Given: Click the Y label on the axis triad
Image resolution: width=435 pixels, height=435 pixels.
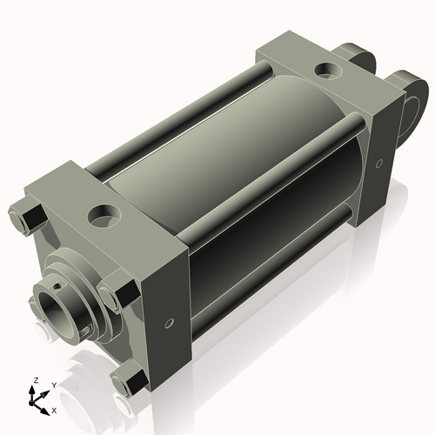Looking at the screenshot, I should (x=53, y=384).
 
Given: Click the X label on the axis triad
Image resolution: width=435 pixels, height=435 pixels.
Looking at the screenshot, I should (x=55, y=409).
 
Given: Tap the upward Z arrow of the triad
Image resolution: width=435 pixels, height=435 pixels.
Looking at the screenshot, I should (x=34, y=390).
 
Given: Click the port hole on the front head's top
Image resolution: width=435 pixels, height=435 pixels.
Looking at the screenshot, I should (x=106, y=212).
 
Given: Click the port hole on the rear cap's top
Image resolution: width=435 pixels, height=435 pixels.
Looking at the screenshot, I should (x=329, y=68).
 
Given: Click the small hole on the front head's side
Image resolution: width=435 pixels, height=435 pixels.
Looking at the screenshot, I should (x=171, y=324).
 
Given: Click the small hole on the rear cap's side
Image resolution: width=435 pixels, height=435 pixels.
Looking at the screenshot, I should (x=379, y=164).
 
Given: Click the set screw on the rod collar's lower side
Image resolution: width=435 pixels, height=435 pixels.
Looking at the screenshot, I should (x=84, y=331).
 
